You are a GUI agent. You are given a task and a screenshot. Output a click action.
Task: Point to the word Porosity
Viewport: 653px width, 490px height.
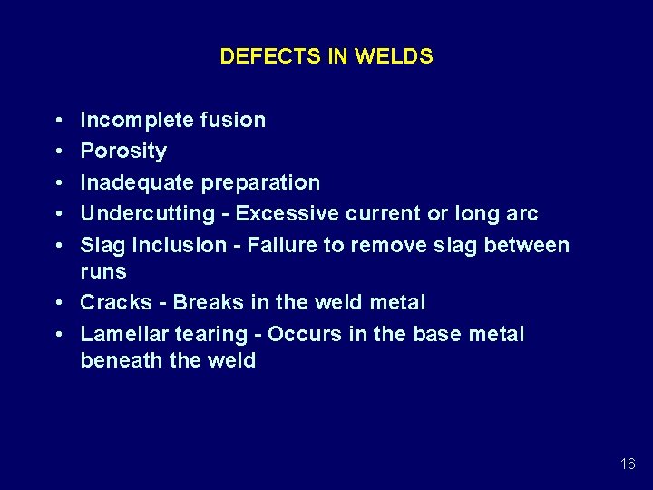pos(123,152)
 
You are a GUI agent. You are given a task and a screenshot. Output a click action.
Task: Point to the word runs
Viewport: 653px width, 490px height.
pos(103,271)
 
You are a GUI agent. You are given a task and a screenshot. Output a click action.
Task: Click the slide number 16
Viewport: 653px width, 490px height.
pos(628,465)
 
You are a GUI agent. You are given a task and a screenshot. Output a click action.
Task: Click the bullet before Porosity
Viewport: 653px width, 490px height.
pos(57,152)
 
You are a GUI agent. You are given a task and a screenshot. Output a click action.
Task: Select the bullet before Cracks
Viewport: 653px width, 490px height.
pos(57,302)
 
